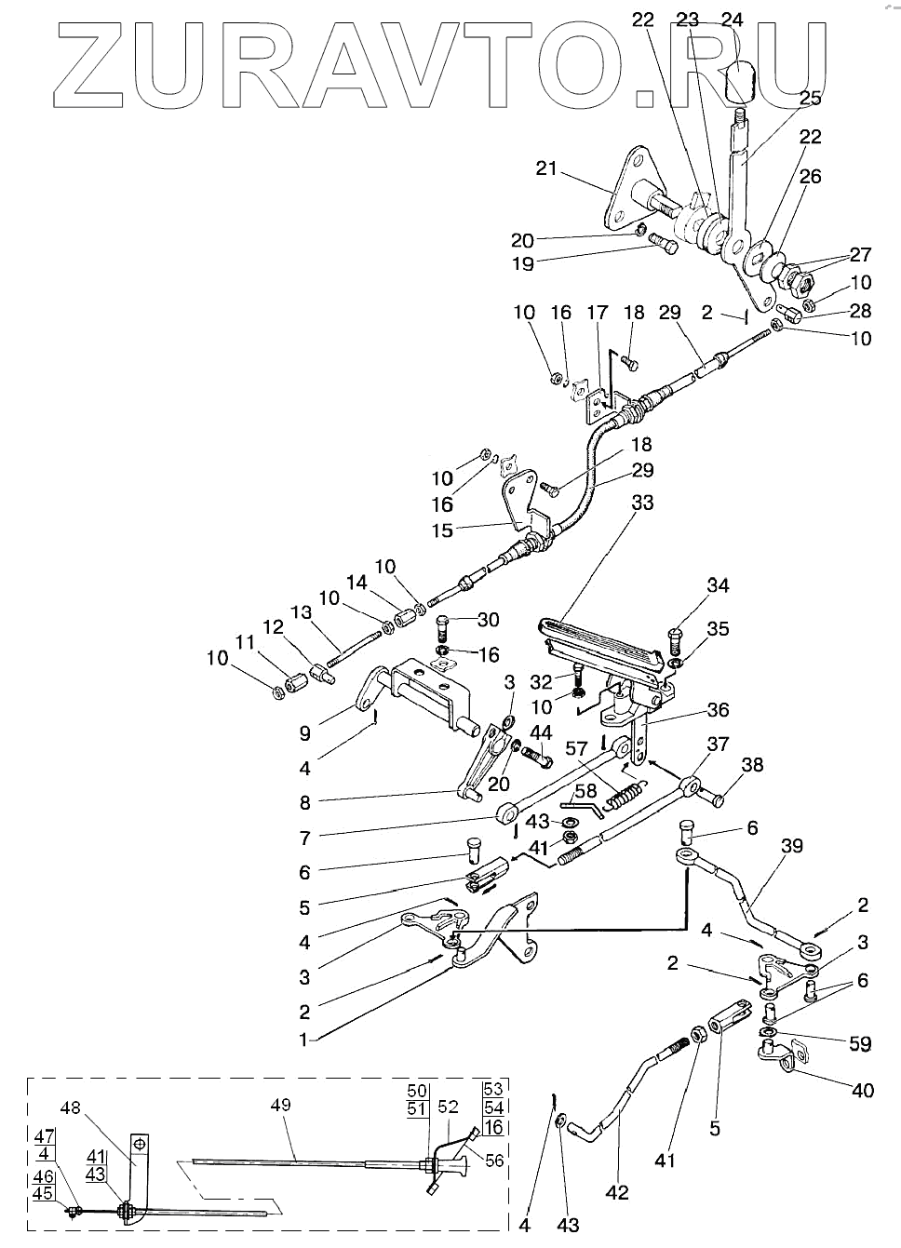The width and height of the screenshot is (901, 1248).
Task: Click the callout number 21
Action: tap(546, 168)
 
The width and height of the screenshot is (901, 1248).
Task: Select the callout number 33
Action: tap(642, 503)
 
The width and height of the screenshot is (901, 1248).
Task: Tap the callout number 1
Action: tap(303, 1040)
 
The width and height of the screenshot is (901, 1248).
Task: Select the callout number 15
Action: tap(442, 530)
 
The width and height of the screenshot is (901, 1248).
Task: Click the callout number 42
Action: tap(617, 1192)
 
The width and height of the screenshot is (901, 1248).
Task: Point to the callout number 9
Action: tap(304, 733)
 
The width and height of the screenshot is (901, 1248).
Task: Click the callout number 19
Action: tap(523, 263)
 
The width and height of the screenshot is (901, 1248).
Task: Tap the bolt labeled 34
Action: tap(675, 641)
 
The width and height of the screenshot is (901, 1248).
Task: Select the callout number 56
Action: tap(493, 1161)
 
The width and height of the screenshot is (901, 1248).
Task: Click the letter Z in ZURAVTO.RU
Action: tap(88, 66)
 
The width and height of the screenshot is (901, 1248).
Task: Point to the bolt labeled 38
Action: tap(713, 798)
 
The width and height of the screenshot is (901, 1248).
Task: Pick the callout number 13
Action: tap(302, 613)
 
